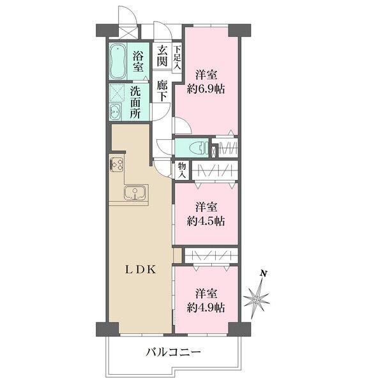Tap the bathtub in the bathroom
click(x=117, y=61)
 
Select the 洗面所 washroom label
click(x=135, y=101)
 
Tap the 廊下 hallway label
click(x=163, y=89)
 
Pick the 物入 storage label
click(x=182, y=169)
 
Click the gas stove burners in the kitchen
click(x=117, y=164)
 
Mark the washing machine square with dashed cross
click(x=117, y=93)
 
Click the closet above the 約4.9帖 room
click(x=211, y=255)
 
